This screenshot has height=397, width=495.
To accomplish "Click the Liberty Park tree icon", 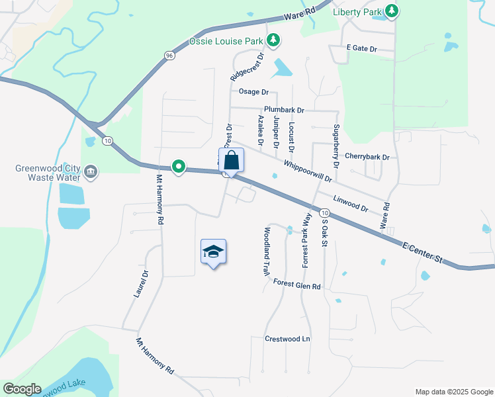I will tap(392, 11).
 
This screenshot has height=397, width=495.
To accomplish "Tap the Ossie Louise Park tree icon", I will tap(273, 41).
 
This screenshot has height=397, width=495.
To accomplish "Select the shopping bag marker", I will tap(231, 160).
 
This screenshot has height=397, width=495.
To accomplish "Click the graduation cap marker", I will tap(213, 251).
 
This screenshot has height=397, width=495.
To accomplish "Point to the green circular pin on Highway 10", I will tap(178, 167).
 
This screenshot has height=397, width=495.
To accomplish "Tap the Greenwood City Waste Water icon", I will tap(91, 173).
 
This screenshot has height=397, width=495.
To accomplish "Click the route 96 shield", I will tap(170, 56).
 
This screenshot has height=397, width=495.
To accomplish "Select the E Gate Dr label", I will tap(361, 48).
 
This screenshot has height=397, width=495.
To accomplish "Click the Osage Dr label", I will tap(253, 92).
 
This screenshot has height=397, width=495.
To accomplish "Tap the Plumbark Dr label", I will tap(283, 110).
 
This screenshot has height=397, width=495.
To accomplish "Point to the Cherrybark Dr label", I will tap(367, 157).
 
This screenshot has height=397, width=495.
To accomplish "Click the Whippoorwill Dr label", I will tap(307, 171).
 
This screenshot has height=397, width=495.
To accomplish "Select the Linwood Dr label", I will tap(350, 203).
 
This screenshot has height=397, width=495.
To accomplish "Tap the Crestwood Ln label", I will tap(287, 338).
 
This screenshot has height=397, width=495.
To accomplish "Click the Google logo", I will tap(21, 389).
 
